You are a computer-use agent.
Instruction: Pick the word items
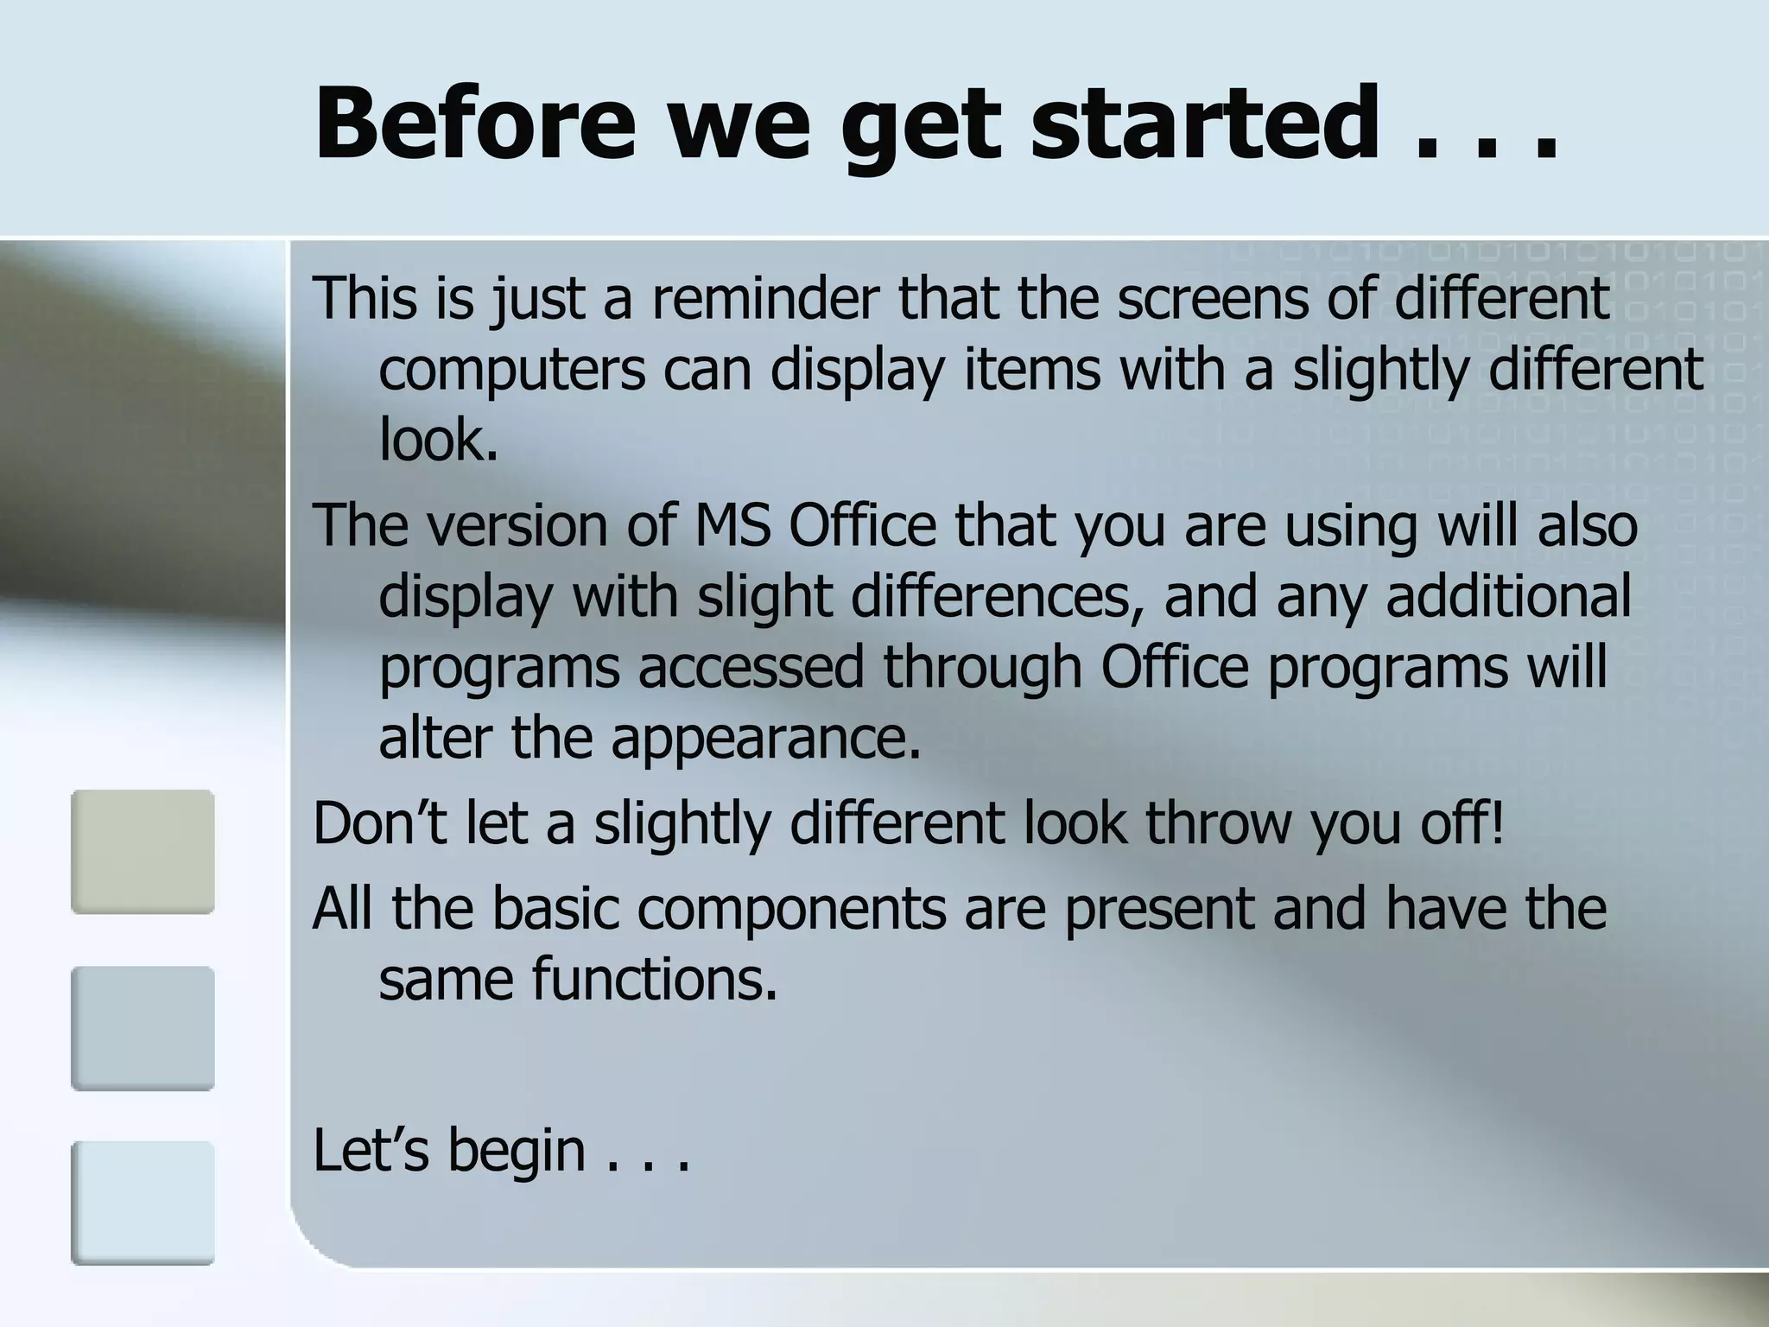click(1031, 370)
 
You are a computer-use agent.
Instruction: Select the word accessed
click(751, 668)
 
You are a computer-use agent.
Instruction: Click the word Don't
click(380, 823)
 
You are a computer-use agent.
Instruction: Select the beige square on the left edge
click(143, 852)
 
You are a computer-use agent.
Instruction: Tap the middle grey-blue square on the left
click(143, 1028)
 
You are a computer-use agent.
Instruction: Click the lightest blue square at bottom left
click(143, 1203)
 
